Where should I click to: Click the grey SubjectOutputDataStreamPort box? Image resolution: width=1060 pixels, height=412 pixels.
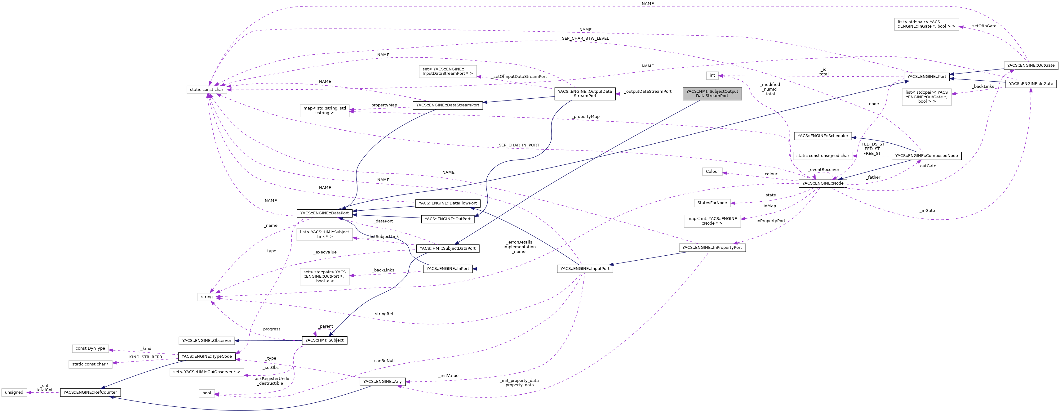712,93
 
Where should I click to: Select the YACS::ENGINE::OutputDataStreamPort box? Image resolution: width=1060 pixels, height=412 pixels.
585,93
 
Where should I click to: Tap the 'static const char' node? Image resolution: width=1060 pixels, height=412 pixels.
206,89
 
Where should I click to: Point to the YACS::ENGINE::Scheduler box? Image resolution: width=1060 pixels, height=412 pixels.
823,136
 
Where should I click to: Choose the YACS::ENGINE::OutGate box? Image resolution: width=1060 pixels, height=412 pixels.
1030,65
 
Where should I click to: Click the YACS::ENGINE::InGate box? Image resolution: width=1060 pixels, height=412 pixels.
1030,83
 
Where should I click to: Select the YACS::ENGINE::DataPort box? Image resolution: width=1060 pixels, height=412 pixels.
324,213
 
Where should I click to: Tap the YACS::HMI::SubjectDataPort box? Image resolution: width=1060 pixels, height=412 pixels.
447,248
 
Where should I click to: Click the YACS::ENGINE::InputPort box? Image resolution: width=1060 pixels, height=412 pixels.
585,268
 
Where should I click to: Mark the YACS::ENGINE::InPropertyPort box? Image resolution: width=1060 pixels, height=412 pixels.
712,247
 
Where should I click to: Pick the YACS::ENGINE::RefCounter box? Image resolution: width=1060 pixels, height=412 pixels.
90,392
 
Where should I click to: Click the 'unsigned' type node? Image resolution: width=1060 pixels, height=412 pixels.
14,392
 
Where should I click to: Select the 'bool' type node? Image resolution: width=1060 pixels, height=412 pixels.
206,393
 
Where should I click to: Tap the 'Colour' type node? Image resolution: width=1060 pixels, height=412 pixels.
712,172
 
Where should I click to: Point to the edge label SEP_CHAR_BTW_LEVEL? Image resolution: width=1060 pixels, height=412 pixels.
585,38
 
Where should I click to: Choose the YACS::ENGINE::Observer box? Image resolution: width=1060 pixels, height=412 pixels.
206,340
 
